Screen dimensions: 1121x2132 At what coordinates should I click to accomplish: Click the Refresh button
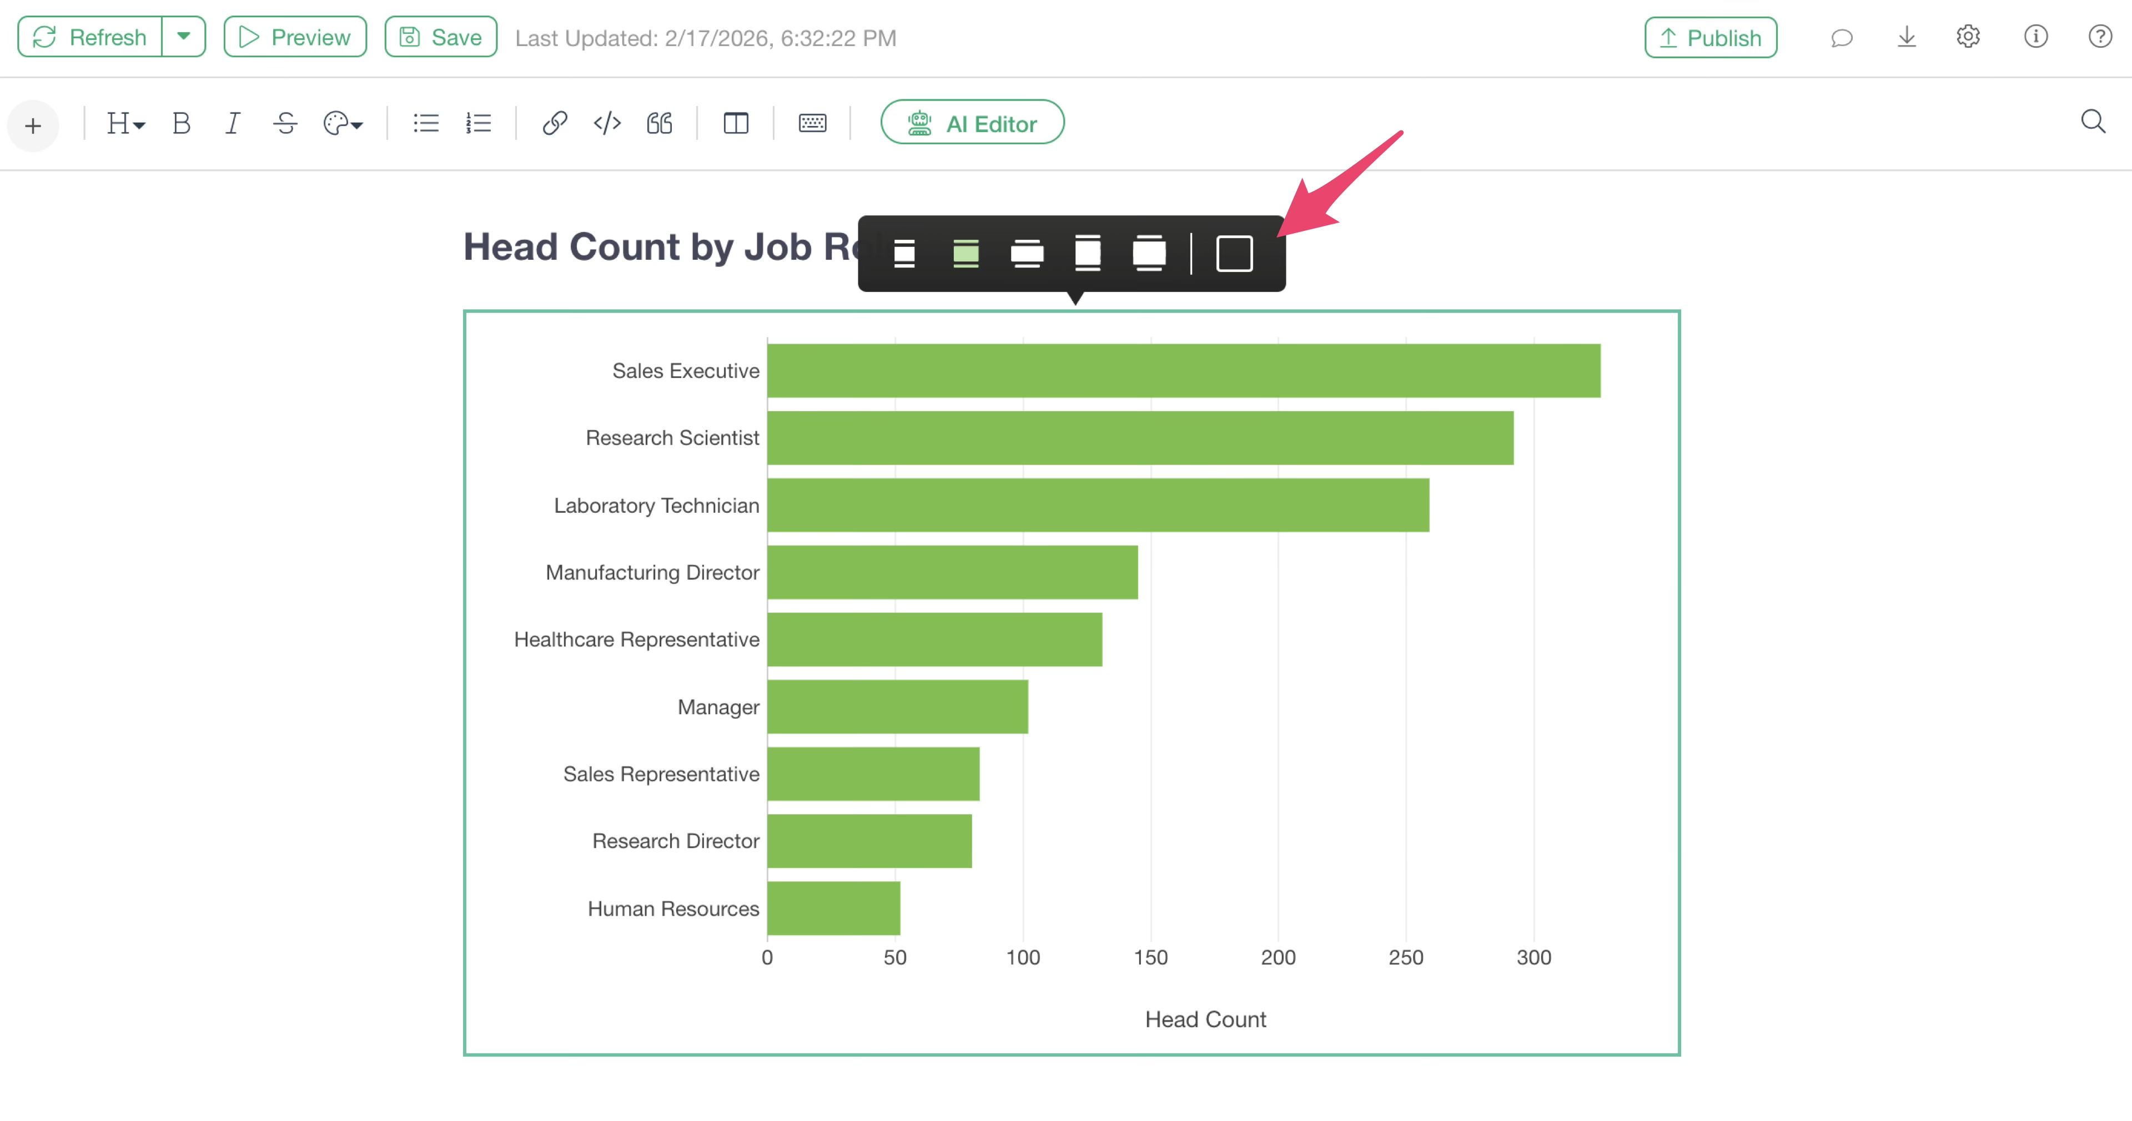click(90, 37)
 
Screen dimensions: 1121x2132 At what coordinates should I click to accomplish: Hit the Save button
click(441, 37)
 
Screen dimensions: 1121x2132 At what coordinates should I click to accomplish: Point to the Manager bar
click(897, 706)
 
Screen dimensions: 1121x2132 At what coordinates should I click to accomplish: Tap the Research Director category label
click(675, 841)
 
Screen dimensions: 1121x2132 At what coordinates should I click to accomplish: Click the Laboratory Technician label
click(656, 506)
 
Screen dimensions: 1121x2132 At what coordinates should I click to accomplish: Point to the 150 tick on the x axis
click(1150, 957)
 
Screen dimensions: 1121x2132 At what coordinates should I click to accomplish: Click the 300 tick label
click(1533, 957)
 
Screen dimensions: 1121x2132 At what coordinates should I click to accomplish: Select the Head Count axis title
click(1205, 1019)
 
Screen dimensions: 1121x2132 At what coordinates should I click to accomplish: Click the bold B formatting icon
click(181, 123)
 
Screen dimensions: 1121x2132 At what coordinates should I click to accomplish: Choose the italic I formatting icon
click(233, 123)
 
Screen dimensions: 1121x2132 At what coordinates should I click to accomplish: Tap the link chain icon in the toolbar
click(555, 123)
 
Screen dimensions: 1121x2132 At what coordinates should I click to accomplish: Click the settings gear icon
click(1968, 37)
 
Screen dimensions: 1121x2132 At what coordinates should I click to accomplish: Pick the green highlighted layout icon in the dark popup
click(966, 253)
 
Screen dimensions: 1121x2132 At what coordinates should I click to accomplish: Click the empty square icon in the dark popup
click(1234, 253)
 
